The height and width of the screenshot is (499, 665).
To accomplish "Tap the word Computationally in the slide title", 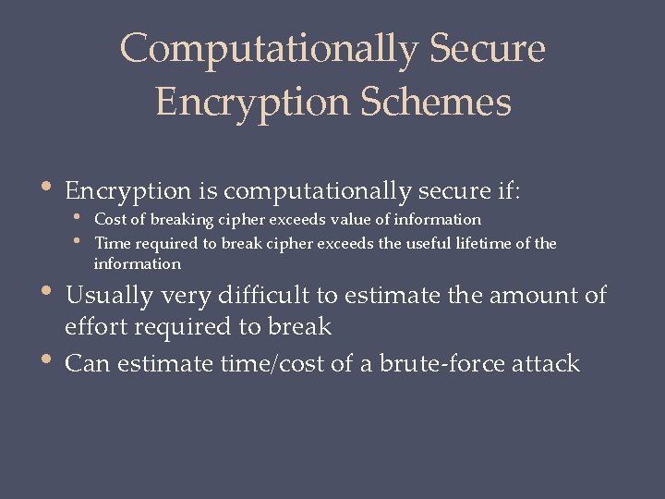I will tap(268, 48).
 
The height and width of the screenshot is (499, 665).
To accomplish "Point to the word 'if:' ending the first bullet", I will tap(506, 191).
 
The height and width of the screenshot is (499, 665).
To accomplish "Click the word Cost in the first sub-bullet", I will tap(110, 220).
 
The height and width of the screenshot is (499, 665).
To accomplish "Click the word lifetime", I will tap(485, 243).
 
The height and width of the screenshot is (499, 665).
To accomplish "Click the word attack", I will tap(549, 363).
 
